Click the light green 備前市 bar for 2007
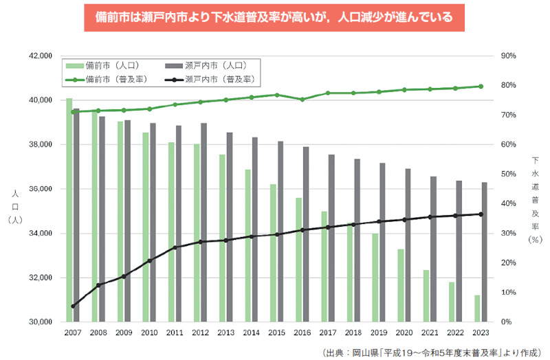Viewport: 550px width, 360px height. [69, 210]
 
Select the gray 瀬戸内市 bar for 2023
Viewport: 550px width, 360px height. [485, 252]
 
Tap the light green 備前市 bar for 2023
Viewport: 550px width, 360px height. [477, 308]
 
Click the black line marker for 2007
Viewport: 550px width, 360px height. [73, 306]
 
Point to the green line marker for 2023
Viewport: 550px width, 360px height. [481, 87]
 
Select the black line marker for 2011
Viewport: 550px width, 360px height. [175, 247]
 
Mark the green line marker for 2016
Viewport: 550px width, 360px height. [302, 99]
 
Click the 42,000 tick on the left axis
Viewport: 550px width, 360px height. [39, 56]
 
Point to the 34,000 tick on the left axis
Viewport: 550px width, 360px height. [39, 234]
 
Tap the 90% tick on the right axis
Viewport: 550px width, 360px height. [509, 56]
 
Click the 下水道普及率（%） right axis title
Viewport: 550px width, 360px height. [536, 199]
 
